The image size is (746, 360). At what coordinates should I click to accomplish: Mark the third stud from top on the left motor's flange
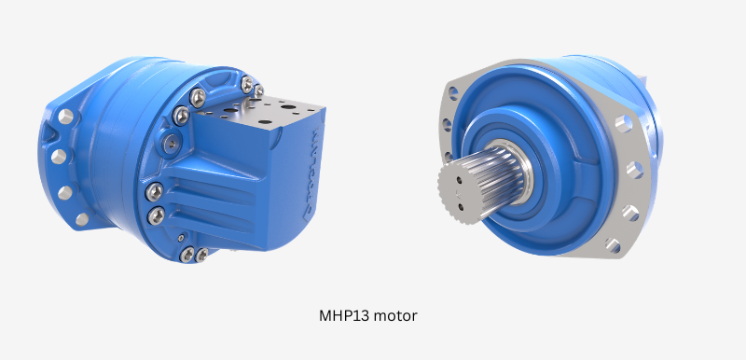(x=65, y=191)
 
